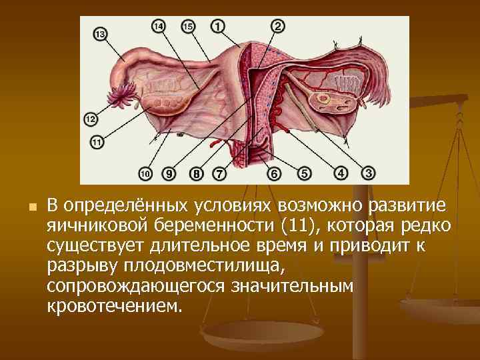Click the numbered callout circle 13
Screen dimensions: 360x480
pos(101,34)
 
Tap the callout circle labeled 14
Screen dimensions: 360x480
pos(159,27)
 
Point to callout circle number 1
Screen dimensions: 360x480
pos(217,26)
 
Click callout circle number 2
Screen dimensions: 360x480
pos(278,26)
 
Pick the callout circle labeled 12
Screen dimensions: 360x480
pos(91,119)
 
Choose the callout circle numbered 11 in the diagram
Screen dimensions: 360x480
pos(97,141)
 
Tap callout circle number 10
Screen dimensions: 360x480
pos(146,174)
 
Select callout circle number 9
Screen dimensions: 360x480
pos(169,174)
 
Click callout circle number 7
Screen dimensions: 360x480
pos(219,174)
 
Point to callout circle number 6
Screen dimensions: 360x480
pos(274,174)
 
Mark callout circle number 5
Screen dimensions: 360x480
pos(304,174)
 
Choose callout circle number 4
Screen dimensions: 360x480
pos(341,173)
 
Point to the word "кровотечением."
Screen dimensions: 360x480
pos(114,308)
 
